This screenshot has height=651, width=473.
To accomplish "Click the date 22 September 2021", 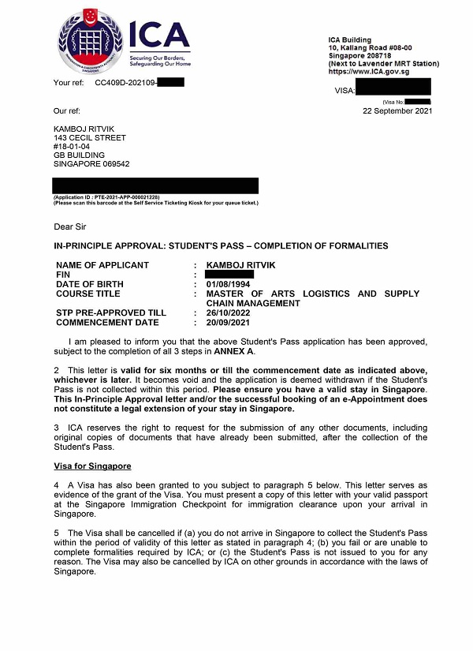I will pos(397,111).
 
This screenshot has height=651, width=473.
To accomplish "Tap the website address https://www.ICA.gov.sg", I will pos(369,72).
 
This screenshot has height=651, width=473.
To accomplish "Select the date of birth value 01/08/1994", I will pos(229,284).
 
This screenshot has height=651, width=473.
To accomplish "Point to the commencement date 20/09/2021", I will pos(229,322).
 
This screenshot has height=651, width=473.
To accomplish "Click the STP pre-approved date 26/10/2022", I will pos(229,312).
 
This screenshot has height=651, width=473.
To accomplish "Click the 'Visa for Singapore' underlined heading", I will pos(92,466).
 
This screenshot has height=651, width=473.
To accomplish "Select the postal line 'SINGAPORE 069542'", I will pos(91,164).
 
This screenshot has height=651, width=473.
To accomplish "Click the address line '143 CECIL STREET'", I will pos(89,137).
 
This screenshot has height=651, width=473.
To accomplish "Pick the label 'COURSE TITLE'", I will pos(88,294).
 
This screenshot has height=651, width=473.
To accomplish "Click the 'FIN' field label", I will pos(63,275).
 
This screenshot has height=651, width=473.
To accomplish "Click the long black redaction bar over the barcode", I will pos(155,185).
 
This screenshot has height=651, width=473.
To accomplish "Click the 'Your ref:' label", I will pos(69,82).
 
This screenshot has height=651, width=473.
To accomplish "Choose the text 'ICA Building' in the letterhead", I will pos(349,40).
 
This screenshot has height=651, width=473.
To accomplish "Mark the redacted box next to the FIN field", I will pos(229,275).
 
